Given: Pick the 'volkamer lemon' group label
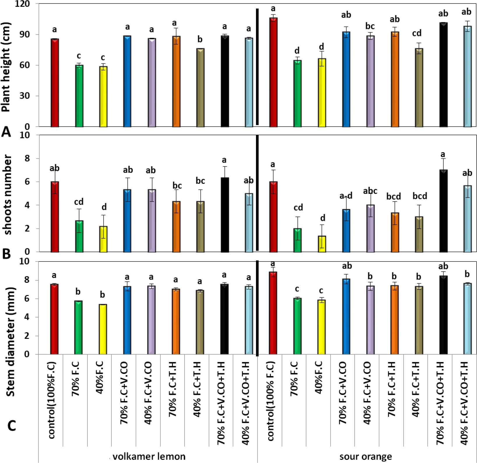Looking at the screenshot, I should [x=149, y=456].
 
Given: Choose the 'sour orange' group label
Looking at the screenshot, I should [x=366, y=456].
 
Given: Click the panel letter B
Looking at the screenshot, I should [x=6, y=254].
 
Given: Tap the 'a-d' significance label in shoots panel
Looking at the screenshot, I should [x=346, y=195].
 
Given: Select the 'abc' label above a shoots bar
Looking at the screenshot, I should [x=370, y=191].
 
